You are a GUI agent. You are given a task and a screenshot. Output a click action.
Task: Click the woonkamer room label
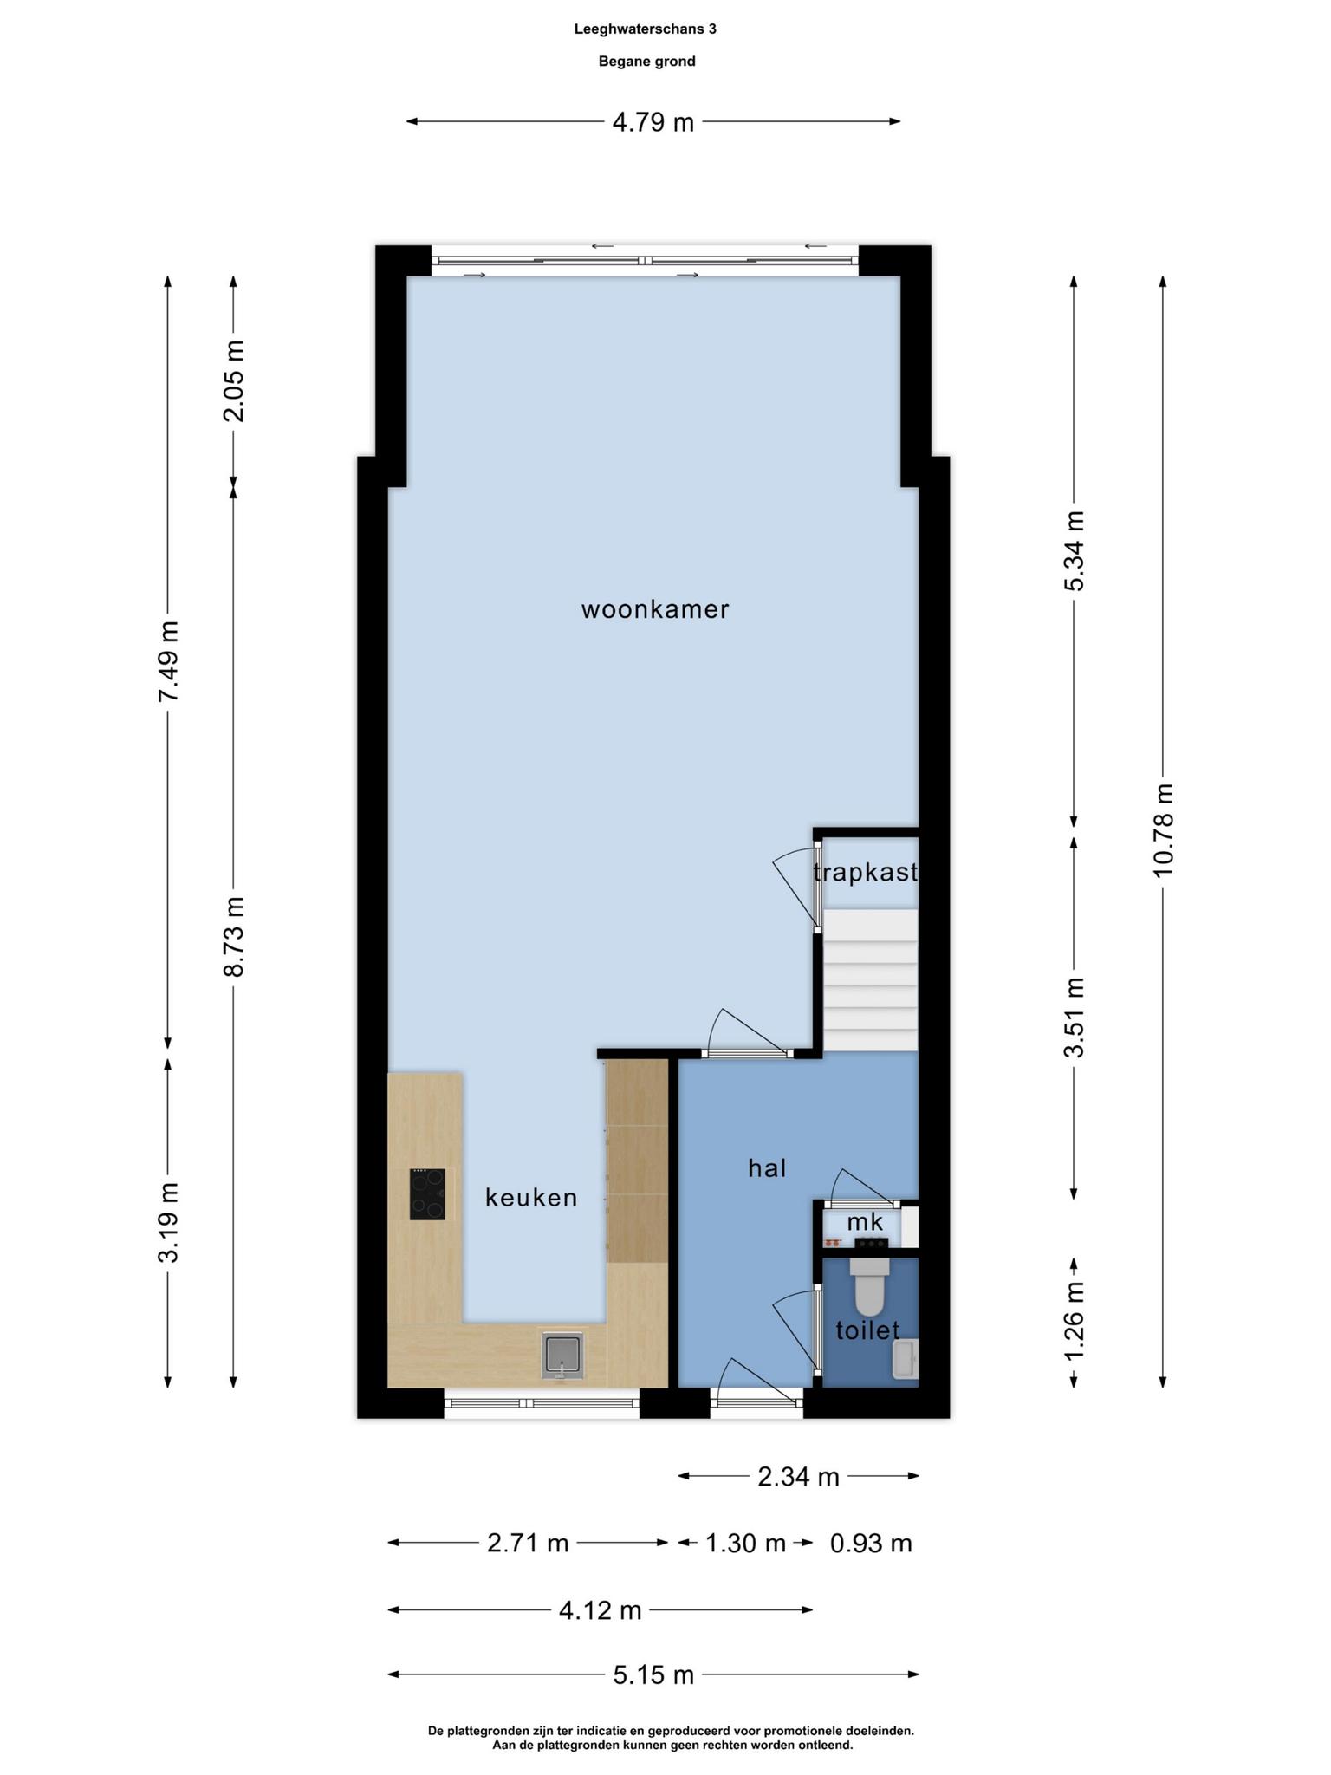[x=655, y=609]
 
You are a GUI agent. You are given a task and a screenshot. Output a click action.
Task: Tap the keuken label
[x=531, y=1198]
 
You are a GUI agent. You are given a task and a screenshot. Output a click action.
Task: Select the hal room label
[x=767, y=1168]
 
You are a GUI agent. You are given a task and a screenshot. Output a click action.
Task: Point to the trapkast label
[x=866, y=872]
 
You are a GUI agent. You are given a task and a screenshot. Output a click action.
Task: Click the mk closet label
[x=865, y=1222]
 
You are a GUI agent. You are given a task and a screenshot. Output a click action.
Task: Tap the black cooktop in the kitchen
[x=427, y=1194]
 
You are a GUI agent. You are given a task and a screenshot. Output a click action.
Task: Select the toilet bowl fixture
[x=869, y=1287]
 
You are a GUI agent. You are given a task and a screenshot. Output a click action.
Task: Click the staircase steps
[x=870, y=979]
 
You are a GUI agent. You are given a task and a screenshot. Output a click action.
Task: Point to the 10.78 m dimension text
[x=1163, y=830]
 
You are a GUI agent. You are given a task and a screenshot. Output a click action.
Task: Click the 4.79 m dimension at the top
[x=653, y=122]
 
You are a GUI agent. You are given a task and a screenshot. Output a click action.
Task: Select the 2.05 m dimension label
[x=233, y=380]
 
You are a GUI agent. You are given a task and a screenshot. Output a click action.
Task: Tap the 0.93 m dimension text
[x=871, y=1544]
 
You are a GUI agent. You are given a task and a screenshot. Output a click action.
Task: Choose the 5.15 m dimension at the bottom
[x=653, y=1675]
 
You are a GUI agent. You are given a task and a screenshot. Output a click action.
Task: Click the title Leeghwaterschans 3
[x=646, y=29]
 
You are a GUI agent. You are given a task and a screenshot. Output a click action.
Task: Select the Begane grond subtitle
[x=647, y=62]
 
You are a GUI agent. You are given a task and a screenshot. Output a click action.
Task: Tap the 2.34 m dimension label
[x=799, y=1477]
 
